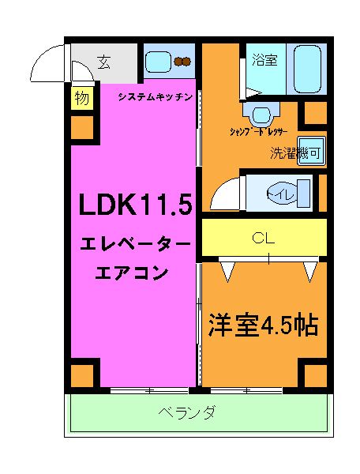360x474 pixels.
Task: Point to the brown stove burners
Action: click(184, 62)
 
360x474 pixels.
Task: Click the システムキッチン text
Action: click(156, 96)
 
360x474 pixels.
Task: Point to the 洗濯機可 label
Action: click(295, 153)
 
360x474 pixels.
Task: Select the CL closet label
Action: click(263, 237)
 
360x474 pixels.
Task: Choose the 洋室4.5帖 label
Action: click(263, 325)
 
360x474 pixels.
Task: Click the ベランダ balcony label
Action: click(186, 413)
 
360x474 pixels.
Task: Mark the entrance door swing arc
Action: click(51, 59)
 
